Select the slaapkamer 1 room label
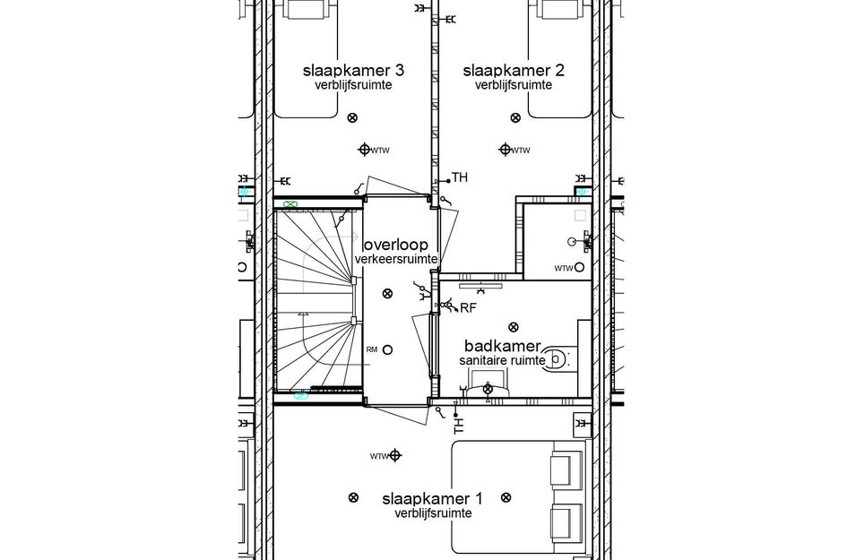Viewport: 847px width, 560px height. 432,498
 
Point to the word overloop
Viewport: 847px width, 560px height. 395,245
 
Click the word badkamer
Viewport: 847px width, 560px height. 502,346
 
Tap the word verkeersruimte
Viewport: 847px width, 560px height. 395,259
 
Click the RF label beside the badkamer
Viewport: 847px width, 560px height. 467,308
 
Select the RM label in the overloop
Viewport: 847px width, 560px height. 371,349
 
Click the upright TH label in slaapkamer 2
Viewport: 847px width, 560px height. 460,177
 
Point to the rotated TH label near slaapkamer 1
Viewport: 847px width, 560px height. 459,426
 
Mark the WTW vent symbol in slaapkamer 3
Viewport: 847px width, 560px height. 365,149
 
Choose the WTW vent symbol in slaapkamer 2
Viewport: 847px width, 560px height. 506,149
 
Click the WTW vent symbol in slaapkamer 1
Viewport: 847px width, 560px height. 395,456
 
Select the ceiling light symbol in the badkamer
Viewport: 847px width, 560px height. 513,327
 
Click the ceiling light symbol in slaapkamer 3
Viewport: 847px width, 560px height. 351,116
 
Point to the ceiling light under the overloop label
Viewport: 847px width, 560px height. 387,293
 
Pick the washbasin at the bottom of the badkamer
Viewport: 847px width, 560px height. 488,388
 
